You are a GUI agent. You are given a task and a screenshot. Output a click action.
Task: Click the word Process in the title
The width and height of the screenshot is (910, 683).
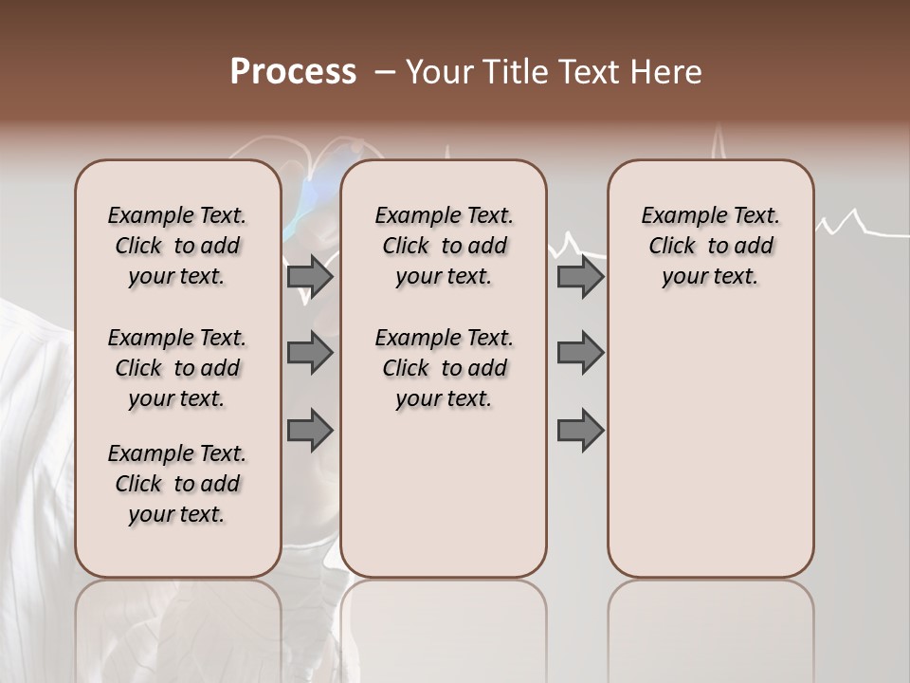click(293, 72)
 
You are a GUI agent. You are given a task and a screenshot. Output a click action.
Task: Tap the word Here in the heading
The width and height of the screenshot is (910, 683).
click(665, 72)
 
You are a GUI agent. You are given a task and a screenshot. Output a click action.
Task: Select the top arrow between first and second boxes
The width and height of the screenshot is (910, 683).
click(310, 276)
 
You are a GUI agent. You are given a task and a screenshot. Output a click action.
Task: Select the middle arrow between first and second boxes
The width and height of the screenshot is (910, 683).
click(310, 353)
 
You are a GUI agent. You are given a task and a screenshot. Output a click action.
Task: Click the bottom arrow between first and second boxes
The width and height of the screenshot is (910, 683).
click(310, 431)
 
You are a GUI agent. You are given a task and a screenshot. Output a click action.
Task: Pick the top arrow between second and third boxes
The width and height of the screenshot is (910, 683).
click(580, 276)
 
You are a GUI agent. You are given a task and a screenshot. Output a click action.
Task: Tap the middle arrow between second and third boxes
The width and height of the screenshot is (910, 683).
click(580, 353)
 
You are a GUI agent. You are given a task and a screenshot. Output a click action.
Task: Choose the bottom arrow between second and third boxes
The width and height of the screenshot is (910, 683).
click(580, 431)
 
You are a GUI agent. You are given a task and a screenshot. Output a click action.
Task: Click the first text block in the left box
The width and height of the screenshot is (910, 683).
click(177, 246)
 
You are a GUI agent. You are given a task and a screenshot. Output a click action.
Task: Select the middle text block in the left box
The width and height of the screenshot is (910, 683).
click(177, 368)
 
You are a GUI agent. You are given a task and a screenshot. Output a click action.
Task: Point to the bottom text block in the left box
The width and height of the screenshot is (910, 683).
click(177, 484)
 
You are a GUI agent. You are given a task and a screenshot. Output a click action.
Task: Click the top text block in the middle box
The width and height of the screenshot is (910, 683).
click(444, 246)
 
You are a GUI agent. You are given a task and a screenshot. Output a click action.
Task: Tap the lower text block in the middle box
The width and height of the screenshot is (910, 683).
click(444, 368)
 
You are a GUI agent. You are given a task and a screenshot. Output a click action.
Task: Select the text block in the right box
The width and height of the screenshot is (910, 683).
click(710, 246)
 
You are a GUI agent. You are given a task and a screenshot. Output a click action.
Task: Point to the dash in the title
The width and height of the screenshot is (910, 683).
click(385, 72)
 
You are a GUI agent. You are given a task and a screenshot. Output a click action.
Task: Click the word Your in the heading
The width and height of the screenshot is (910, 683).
click(439, 72)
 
